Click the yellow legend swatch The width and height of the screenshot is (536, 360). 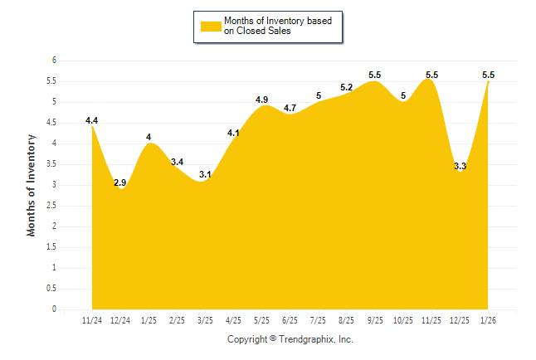tap(210, 27)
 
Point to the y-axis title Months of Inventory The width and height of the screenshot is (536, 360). tap(32, 185)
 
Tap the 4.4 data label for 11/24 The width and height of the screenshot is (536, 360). tap(92, 120)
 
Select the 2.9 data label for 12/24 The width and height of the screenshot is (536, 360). tap(120, 182)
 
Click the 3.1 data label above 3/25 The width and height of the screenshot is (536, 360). tap(205, 174)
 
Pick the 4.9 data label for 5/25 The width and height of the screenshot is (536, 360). tap(261, 100)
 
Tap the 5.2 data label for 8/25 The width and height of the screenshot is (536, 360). tap(346, 87)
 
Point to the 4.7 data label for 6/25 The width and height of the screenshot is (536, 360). tap(290, 108)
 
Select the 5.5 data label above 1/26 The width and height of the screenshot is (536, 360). tap(488, 75)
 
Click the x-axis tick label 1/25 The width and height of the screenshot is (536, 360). tap(149, 319)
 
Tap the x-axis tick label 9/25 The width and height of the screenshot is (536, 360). tap(375, 319)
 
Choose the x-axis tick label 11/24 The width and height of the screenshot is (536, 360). tap(92, 319)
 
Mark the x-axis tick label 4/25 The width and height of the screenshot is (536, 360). tap(233, 319)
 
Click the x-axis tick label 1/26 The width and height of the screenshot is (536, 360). tap(488, 319)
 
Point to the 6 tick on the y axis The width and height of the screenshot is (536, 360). tap(54, 61)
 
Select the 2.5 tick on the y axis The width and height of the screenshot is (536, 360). tap(51, 206)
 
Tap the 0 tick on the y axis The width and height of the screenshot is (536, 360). tap(54, 309)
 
